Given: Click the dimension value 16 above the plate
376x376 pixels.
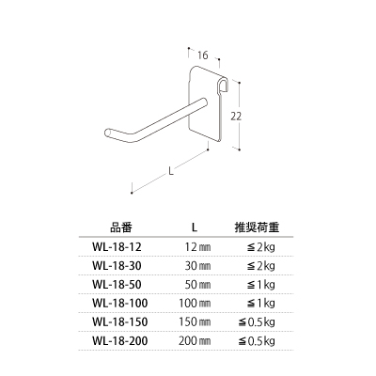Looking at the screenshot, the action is click(x=203, y=55).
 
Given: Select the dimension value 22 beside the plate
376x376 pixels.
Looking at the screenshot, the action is click(x=236, y=117).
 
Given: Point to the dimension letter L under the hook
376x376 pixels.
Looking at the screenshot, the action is click(x=171, y=171).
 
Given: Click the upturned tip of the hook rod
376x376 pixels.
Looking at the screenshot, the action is click(x=108, y=133).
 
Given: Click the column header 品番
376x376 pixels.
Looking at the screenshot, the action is click(x=121, y=227).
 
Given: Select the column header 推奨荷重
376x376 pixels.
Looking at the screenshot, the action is click(x=257, y=227).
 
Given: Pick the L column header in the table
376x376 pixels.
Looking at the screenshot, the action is click(x=195, y=227).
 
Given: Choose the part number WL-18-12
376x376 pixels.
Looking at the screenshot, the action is click(x=117, y=247).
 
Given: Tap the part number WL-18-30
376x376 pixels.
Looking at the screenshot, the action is click(x=117, y=266).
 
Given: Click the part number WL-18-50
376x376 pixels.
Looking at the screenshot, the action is click(x=117, y=285).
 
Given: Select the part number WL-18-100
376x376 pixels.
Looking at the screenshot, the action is click(x=120, y=304).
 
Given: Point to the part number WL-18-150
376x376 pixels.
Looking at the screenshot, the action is click(x=120, y=321).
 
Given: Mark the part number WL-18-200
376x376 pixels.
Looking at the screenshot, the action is click(x=120, y=340).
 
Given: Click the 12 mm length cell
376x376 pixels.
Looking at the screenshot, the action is click(x=198, y=247).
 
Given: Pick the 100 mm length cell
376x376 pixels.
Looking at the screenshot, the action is click(x=195, y=304).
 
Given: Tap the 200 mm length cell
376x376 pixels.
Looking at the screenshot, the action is click(x=195, y=340).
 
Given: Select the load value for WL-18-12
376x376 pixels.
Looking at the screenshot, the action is click(x=260, y=248).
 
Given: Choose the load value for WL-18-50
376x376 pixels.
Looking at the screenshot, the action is click(x=260, y=285).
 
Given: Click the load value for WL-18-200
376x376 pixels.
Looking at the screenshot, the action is click(x=257, y=341).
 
